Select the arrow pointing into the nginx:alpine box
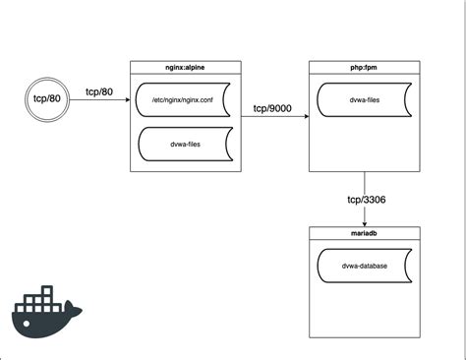click(x=98, y=100)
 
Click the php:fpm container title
click(x=365, y=66)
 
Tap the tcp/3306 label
click(x=366, y=201)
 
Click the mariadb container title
click(x=365, y=232)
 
